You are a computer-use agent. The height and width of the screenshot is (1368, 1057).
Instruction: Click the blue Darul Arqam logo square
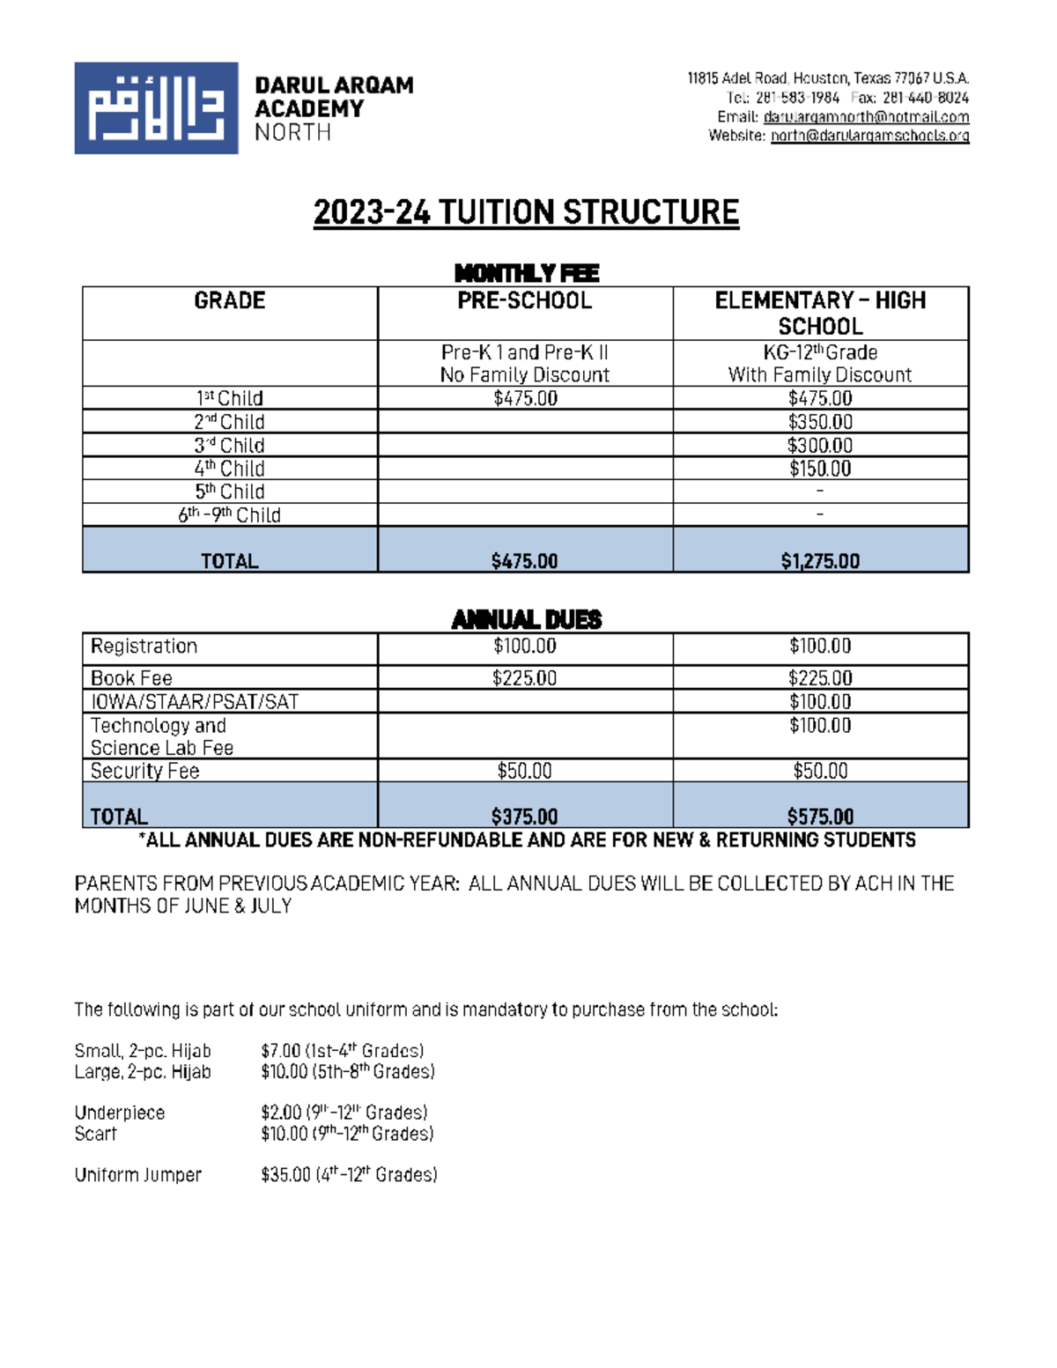[x=156, y=108]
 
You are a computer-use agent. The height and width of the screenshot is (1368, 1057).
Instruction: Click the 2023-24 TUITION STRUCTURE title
[x=526, y=213]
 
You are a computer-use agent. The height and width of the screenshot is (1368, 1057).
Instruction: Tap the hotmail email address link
[x=866, y=117]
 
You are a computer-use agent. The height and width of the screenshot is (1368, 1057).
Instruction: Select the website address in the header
[x=869, y=136]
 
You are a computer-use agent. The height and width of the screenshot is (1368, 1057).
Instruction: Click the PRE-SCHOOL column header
[x=525, y=301]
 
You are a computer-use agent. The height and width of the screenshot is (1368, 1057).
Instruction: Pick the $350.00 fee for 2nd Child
[x=820, y=422]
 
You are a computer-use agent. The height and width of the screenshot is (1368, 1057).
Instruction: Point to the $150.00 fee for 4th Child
[x=820, y=469]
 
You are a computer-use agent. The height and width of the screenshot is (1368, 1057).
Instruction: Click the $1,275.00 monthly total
[x=820, y=561]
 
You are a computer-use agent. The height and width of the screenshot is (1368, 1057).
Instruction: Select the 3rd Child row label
[x=229, y=446]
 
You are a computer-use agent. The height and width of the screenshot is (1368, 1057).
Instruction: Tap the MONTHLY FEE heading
[x=526, y=273]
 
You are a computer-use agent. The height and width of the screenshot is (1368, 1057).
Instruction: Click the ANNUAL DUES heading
[x=526, y=620]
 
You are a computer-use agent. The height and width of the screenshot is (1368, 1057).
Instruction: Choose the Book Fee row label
[x=131, y=678]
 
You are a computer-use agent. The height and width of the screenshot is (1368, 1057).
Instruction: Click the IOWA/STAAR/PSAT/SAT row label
[x=195, y=702]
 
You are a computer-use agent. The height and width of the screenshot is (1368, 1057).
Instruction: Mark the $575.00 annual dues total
[x=820, y=817]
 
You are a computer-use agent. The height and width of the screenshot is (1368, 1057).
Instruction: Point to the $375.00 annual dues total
[x=525, y=817]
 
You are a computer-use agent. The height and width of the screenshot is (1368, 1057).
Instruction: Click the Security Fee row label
[x=145, y=772]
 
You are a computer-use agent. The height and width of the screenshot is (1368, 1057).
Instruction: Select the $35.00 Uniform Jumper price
[x=285, y=1175]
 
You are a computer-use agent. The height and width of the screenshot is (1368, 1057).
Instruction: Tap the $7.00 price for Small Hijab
[x=280, y=1051]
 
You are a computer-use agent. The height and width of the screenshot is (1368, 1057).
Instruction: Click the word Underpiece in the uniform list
[x=120, y=1113]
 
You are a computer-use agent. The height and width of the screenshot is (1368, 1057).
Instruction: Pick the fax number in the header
[x=925, y=98]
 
